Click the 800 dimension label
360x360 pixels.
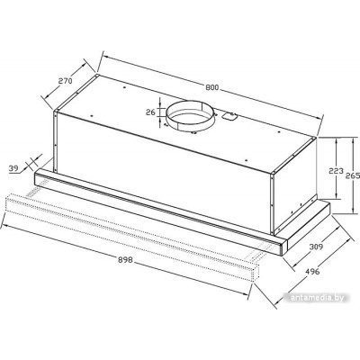[x=212, y=87]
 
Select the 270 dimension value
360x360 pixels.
[x=65, y=81]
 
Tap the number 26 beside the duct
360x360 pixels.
[x=150, y=112]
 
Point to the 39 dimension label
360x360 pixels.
[x=13, y=168]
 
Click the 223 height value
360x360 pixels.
[x=336, y=171]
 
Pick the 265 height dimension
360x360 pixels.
[x=353, y=175]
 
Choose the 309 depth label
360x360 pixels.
[x=316, y=247]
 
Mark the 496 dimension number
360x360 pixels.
[x=312, y=271]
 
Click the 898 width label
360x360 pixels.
[x=125, y=260]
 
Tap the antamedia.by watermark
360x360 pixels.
[x=317, y=298]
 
